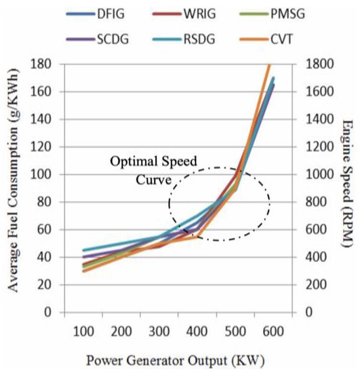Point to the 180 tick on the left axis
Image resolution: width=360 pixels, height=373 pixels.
point(45,64)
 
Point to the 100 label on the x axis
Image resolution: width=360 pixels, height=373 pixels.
point(83,332)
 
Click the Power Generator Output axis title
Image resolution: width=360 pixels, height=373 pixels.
point(179,361)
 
